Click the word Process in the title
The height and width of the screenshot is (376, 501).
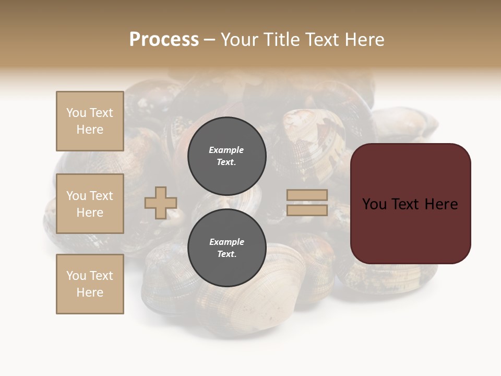click(164, 40)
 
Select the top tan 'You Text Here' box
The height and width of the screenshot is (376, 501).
click(90, 121)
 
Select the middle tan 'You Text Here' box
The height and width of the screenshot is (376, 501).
click(90, 204)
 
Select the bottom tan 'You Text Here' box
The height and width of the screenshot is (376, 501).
click(90, 284)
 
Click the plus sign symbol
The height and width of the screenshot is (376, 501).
click(161, 203)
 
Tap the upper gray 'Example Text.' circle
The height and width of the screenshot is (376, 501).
click(226, 156)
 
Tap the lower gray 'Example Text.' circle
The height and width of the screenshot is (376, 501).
click(226, 248)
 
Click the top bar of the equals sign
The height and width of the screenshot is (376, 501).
click(307, 195)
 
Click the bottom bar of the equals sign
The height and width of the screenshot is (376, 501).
click(307, 210)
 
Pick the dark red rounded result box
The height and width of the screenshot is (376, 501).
click(410, 203)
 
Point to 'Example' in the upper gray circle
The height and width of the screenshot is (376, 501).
click(226, 150)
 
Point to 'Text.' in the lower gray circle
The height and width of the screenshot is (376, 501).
click(226, 254)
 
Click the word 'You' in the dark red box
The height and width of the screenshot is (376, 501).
click(374, 204)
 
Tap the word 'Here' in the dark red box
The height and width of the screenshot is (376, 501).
click(441, 204)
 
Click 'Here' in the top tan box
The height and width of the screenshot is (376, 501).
click(90, 130)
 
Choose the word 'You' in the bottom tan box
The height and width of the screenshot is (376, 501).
click(76, 276)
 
